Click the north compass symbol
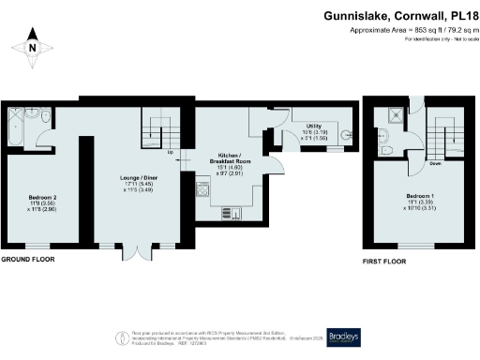coord(31,47)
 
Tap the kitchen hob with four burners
coord(201,189)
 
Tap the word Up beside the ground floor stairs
coord(170,151)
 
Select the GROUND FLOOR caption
coord(25,259)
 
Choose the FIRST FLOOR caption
coord(384,260)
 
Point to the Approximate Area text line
coord(412,30)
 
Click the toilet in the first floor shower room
coord(387,148)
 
